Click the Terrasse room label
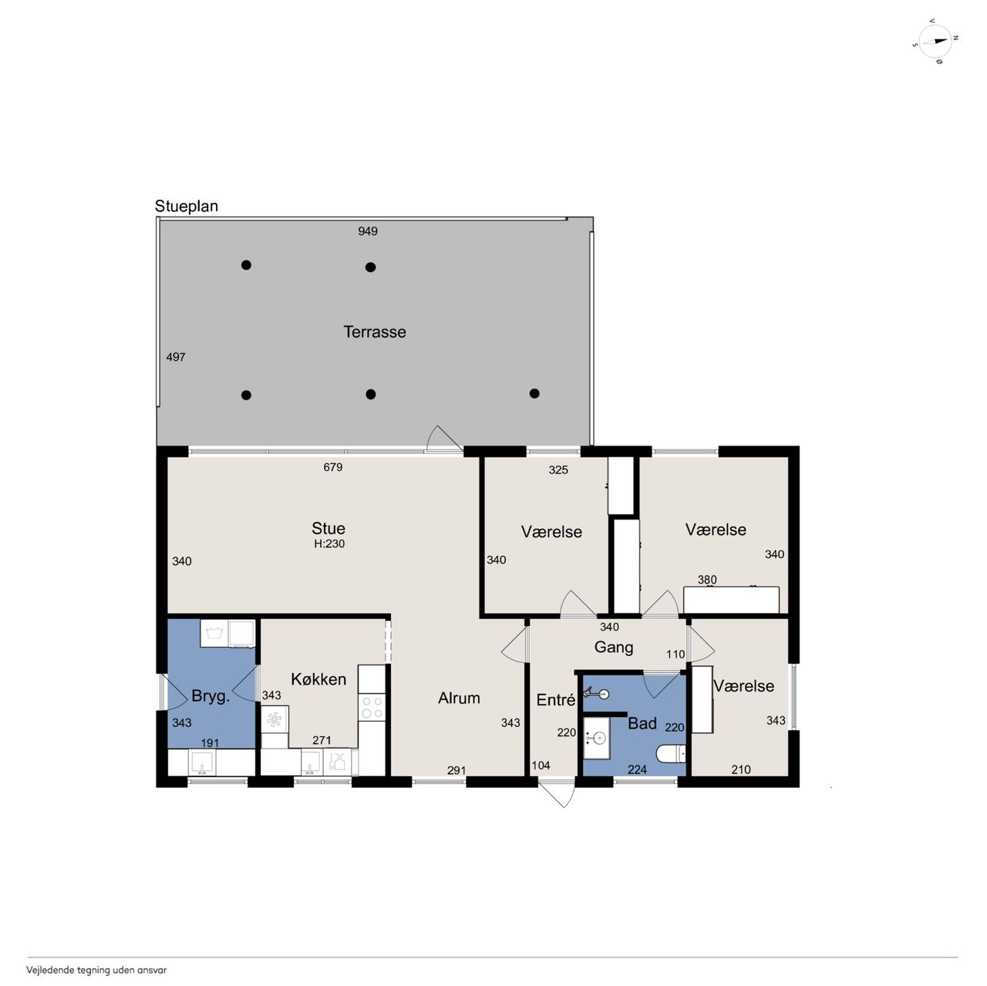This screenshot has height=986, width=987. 375,332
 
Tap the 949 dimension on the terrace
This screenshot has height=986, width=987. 368,231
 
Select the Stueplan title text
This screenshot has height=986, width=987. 187,206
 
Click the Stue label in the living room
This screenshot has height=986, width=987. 328,528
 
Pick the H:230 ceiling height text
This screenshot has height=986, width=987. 329,544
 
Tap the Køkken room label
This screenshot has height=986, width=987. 318,679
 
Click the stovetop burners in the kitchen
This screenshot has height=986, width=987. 372,708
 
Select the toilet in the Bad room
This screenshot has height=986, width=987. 670,754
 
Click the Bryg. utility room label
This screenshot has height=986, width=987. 211,696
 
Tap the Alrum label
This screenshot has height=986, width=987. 459,698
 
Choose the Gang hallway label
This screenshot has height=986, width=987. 614,648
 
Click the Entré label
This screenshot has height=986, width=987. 556,699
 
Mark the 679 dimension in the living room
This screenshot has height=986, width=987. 333,467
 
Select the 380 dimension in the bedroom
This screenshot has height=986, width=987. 707,580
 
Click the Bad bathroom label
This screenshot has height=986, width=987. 642,723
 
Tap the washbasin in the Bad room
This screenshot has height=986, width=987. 597,738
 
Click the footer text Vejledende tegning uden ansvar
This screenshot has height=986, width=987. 97,970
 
